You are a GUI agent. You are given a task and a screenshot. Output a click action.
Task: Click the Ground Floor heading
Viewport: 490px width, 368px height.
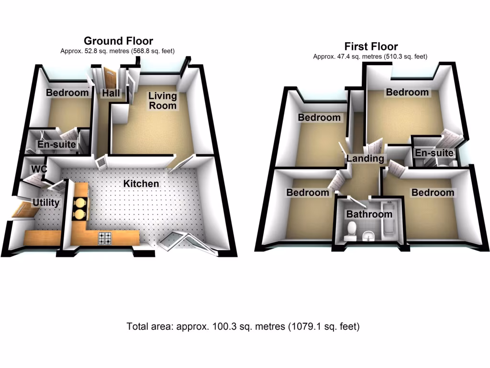(118, 41)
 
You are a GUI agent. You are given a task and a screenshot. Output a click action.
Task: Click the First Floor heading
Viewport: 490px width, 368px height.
(371, 46)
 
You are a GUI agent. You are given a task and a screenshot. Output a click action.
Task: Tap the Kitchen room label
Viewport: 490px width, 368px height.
(141, 184)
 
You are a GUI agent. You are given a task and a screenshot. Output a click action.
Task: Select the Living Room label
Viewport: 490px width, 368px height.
(163, 101)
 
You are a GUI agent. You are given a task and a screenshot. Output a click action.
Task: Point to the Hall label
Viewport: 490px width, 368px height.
(111, 93)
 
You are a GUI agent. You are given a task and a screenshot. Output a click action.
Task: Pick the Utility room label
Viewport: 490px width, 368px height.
(46, 203)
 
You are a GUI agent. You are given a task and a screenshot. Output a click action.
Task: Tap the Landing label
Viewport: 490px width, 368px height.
(366, 159)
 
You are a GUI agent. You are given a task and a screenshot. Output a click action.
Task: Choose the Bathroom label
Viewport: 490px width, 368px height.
(369, 214)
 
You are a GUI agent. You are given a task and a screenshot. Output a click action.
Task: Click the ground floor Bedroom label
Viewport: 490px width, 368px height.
(67, 93)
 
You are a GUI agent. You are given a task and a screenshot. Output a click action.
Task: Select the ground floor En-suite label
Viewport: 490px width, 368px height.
(57, 144)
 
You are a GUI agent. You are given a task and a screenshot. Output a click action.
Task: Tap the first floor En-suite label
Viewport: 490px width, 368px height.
(434, 153)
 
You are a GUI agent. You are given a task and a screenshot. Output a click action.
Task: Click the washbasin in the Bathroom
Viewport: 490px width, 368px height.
(368, 235)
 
